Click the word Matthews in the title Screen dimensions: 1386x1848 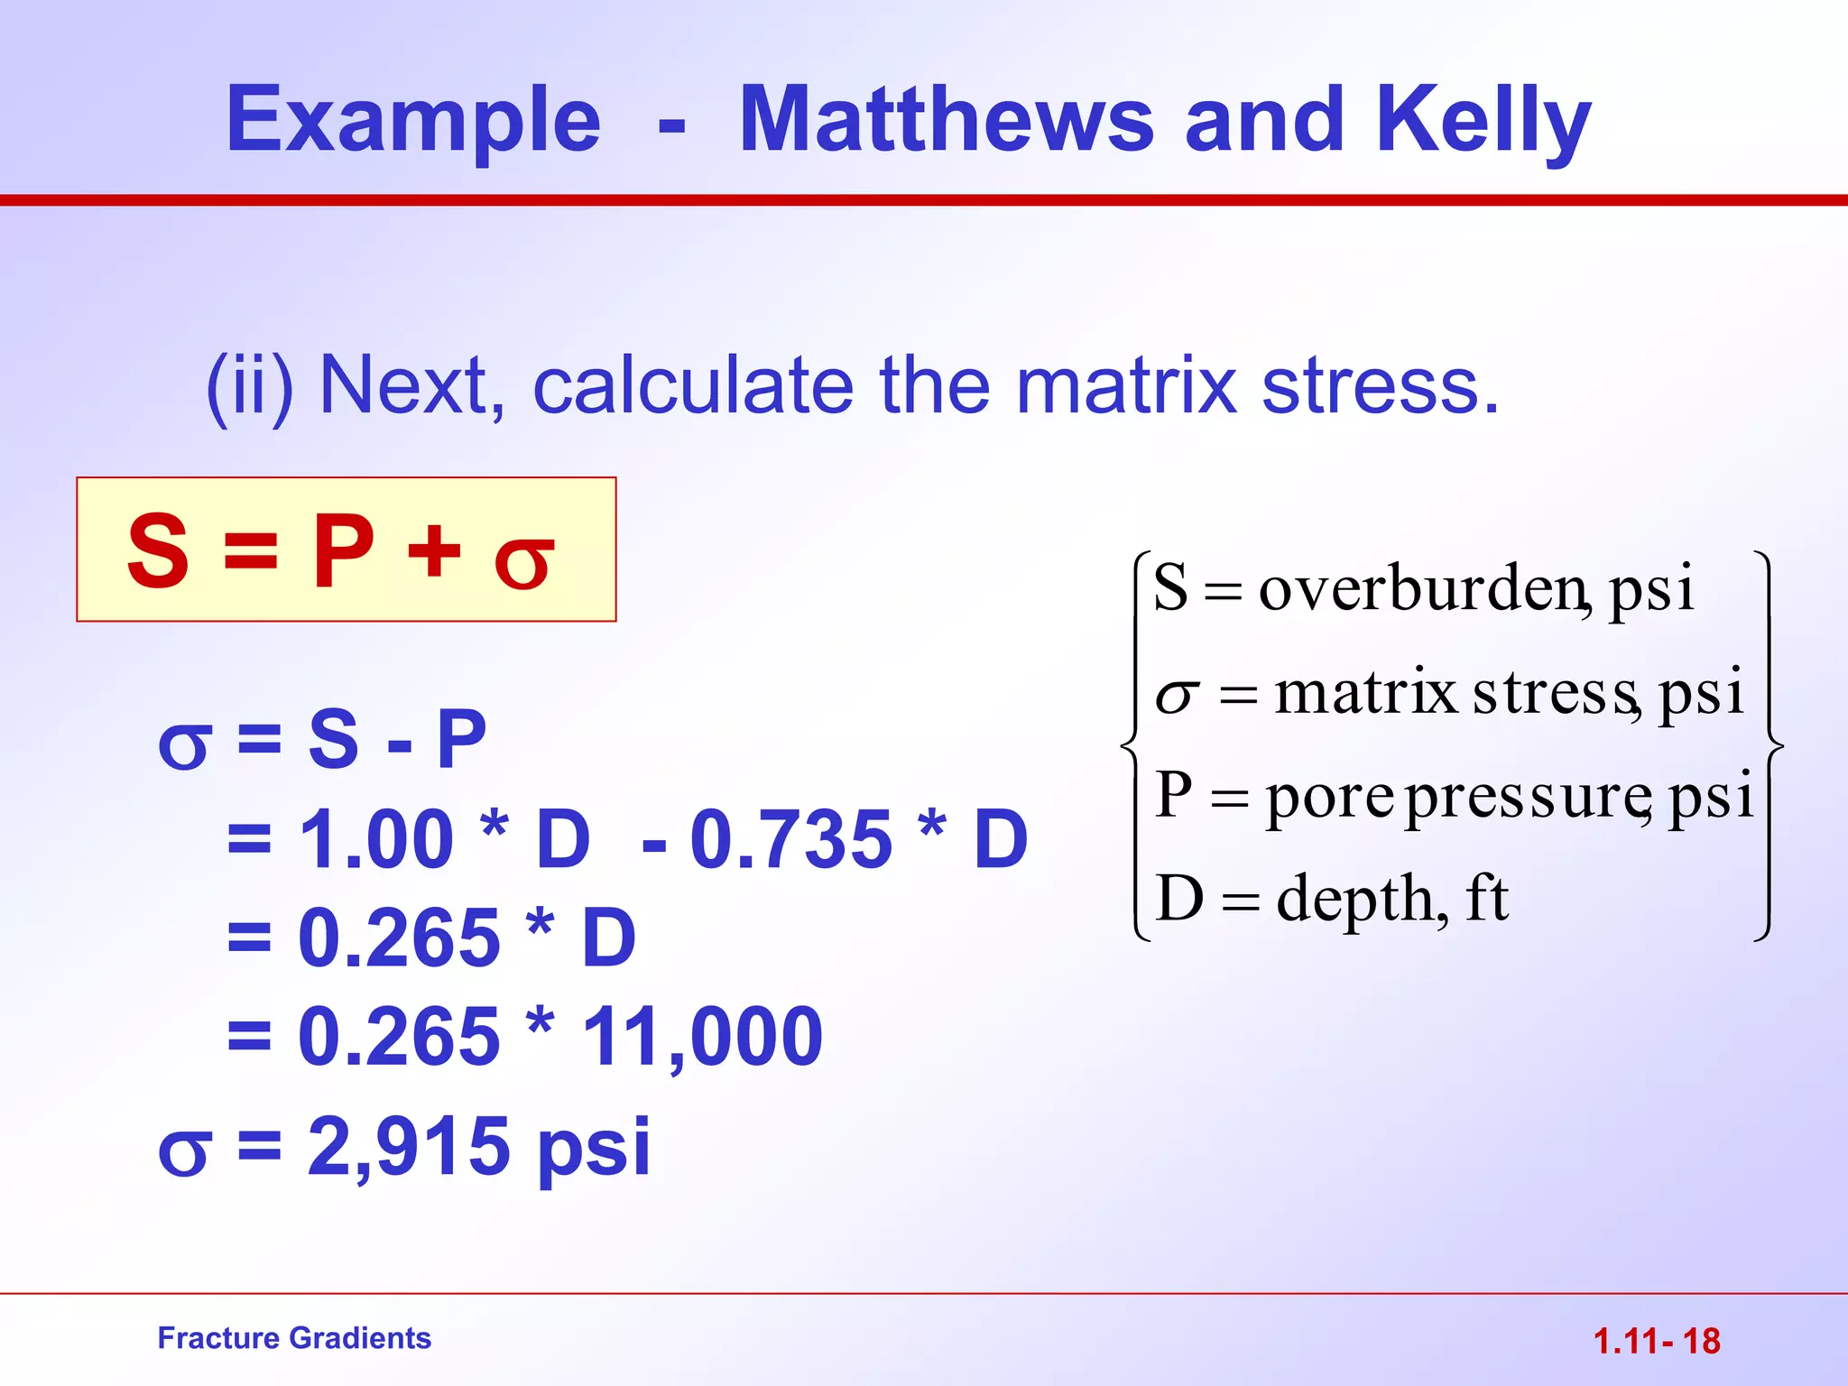(x=946, y=119)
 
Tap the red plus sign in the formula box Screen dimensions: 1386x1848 (x=434, y=550)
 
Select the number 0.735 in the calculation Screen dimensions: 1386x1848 (x=790, y=839)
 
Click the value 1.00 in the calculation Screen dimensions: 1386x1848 (x=375, y=839)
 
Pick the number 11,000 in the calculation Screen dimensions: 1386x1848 (x=702, y=1038)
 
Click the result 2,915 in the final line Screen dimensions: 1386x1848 (x=409, y=1146)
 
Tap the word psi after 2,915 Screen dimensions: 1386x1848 (x=593, y=1150)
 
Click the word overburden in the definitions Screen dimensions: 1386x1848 (x=1422, y=588)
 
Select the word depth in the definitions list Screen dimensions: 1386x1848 (x=1361, y=899)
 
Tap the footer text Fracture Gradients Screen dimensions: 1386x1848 (x=294, y=1337)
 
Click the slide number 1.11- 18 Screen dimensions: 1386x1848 (x=1657, y=1341)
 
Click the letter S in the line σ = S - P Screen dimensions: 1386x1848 (x=333, y=740)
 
